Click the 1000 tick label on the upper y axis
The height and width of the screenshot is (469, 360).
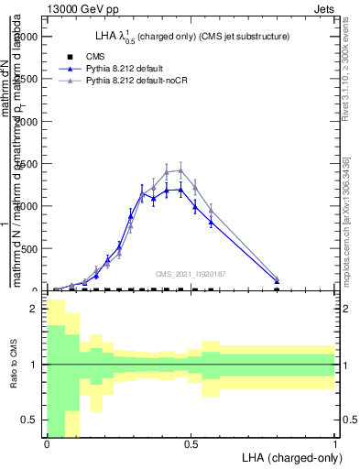(x=27, y=206)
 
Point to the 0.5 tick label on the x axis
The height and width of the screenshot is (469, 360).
(x=191, y=444)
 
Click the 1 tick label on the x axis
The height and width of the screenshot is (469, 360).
(x=334, y=444)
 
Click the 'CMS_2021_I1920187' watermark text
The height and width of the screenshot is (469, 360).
(x=191, y=274)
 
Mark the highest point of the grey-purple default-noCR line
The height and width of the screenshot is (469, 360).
(x=180, y=169)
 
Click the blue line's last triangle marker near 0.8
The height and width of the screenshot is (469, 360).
(x=277, y=281)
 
